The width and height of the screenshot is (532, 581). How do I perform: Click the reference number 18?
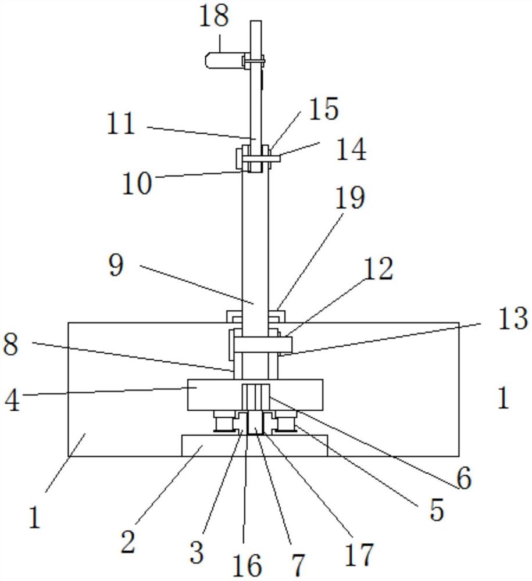(x=213, y=16)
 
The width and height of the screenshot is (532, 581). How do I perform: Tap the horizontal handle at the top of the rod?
(x=224, y=59)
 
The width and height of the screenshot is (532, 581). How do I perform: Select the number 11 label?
(x=120, y=124)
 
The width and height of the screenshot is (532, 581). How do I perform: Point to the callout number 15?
(x=324, y=109)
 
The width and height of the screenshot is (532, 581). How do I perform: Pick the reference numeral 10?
(x=137, y=184)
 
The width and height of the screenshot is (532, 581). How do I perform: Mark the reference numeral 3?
(x=197, y=553)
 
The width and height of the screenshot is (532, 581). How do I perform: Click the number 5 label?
(x=436, y=511)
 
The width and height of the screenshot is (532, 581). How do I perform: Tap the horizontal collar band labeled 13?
(x=256, y=345)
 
